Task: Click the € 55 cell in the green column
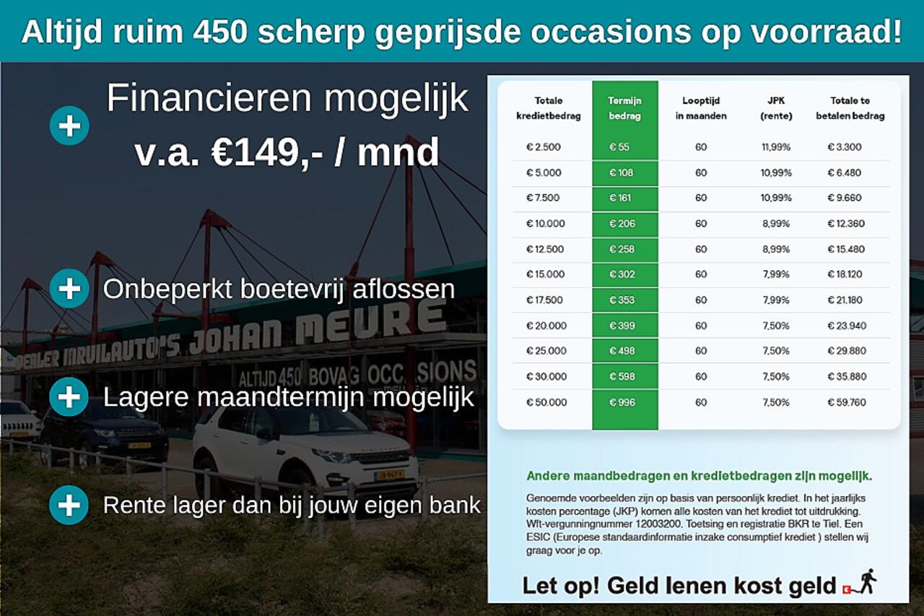(619, 147)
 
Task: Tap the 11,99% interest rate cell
(776, 147)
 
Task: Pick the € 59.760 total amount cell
(846, 402)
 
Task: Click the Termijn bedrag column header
(624, 108)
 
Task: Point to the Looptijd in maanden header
(700, 108)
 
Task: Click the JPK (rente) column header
(776, 108)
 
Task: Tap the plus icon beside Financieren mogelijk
(69, 126)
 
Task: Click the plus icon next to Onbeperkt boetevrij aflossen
(69, 289)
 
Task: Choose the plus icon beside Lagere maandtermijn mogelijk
(69, 397)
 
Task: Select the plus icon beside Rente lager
(69, 505)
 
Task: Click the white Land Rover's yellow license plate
(388, 474)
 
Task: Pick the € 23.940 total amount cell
(846, 326)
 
